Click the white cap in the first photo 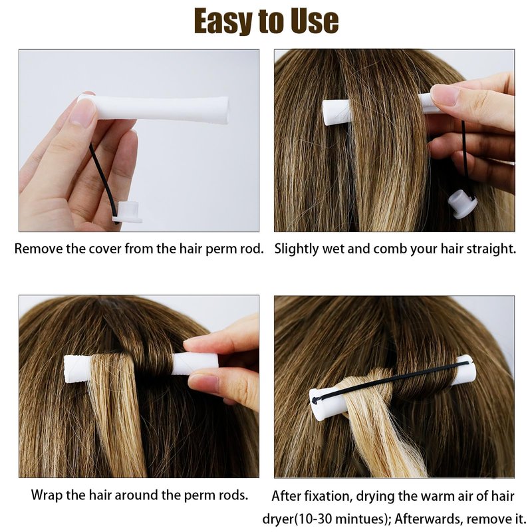128,212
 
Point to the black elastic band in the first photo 102,180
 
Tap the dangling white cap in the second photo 462,204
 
